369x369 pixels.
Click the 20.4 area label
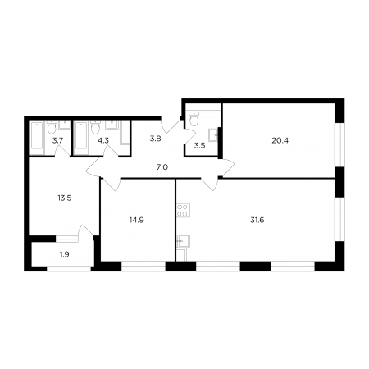point(280,140)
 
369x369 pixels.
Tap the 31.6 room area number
point(257,220)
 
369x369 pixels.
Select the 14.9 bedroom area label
point(137,220)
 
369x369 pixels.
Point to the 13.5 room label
point(65,198)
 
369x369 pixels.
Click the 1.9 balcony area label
point(65,255)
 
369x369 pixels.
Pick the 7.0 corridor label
point(162,167)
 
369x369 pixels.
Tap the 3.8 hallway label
point(155,139)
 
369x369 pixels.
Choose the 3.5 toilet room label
point(199,146)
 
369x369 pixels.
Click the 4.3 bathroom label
point(103,141)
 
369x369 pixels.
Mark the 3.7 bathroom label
point(57,141)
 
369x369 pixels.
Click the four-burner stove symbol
point(183,210)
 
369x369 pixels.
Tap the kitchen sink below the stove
point(183,242)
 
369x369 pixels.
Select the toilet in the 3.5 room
point(194,119)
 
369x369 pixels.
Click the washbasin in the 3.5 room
point(213,135)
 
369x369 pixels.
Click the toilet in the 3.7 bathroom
point(51,127)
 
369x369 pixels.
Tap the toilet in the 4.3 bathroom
point(95,127)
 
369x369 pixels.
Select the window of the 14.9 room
point(143,266)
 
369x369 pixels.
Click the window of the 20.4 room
point(339,145)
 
